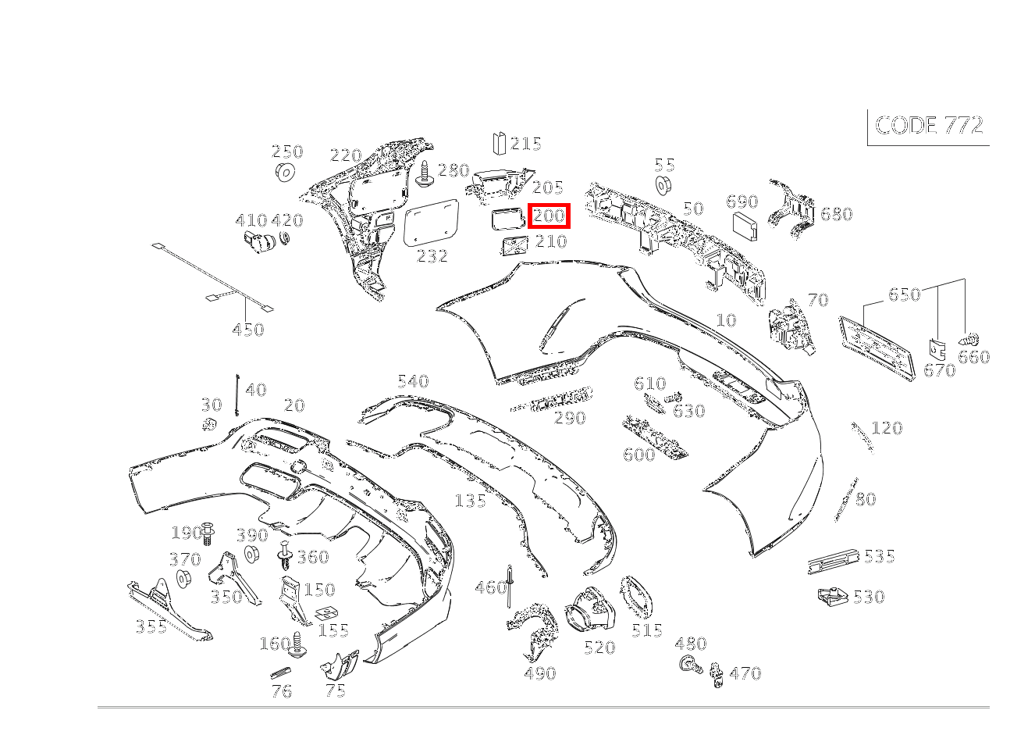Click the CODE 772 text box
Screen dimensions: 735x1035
929,126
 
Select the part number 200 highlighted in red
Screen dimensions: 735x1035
550,216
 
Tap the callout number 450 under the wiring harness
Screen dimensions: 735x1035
248,330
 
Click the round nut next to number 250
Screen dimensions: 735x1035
286,172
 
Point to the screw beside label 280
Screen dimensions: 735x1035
425,174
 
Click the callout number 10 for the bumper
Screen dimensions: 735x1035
725,320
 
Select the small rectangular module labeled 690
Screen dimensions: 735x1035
744,227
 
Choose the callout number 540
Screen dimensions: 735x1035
413,381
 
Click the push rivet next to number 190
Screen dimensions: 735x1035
208,533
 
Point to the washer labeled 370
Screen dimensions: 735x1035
184,580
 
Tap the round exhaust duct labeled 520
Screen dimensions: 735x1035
592,610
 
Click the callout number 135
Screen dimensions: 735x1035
470,501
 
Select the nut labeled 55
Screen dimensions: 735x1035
664,186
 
